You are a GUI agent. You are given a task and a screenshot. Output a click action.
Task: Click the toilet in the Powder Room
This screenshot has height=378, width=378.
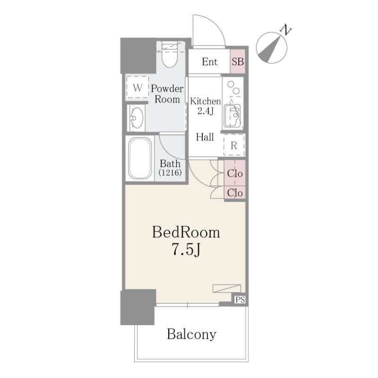(170, 55)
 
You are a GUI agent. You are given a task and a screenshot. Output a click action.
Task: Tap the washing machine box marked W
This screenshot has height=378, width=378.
(137, 87)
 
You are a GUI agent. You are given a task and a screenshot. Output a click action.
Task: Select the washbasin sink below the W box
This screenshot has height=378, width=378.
(137, 118)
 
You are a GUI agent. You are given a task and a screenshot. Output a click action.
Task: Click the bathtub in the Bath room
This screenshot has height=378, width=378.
(140, 158)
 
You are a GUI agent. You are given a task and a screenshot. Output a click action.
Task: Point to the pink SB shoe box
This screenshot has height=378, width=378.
(238, 61)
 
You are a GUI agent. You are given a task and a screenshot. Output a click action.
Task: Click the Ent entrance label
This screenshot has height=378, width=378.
(209, 62)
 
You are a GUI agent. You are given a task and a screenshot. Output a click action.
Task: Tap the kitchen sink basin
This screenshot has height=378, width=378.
(232, 116)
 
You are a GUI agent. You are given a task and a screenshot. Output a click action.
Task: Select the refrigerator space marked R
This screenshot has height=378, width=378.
(234, 146)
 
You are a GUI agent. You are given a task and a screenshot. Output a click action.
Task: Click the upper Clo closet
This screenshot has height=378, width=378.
(235, 173)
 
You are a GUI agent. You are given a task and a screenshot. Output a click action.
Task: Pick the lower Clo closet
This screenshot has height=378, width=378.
(235, 193)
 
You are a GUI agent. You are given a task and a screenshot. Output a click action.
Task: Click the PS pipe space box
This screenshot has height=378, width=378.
(240, 300)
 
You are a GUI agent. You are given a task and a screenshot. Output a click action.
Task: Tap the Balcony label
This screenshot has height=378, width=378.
(192, 335)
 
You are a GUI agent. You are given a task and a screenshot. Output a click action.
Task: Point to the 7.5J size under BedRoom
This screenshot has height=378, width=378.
(186, 249)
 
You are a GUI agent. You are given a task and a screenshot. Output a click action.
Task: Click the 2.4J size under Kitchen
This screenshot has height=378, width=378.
(206, 111)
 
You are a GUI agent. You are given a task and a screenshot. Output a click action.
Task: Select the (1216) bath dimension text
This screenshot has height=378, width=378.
(170, 172)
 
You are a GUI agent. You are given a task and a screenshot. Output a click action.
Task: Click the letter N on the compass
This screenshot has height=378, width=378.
(286, 30)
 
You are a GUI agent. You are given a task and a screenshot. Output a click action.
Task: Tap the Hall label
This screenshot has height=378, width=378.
(205, 137)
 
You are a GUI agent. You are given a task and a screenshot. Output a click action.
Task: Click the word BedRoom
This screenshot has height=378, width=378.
(186, 232)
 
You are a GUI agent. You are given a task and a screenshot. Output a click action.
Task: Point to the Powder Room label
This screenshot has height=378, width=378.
(167, 94)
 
